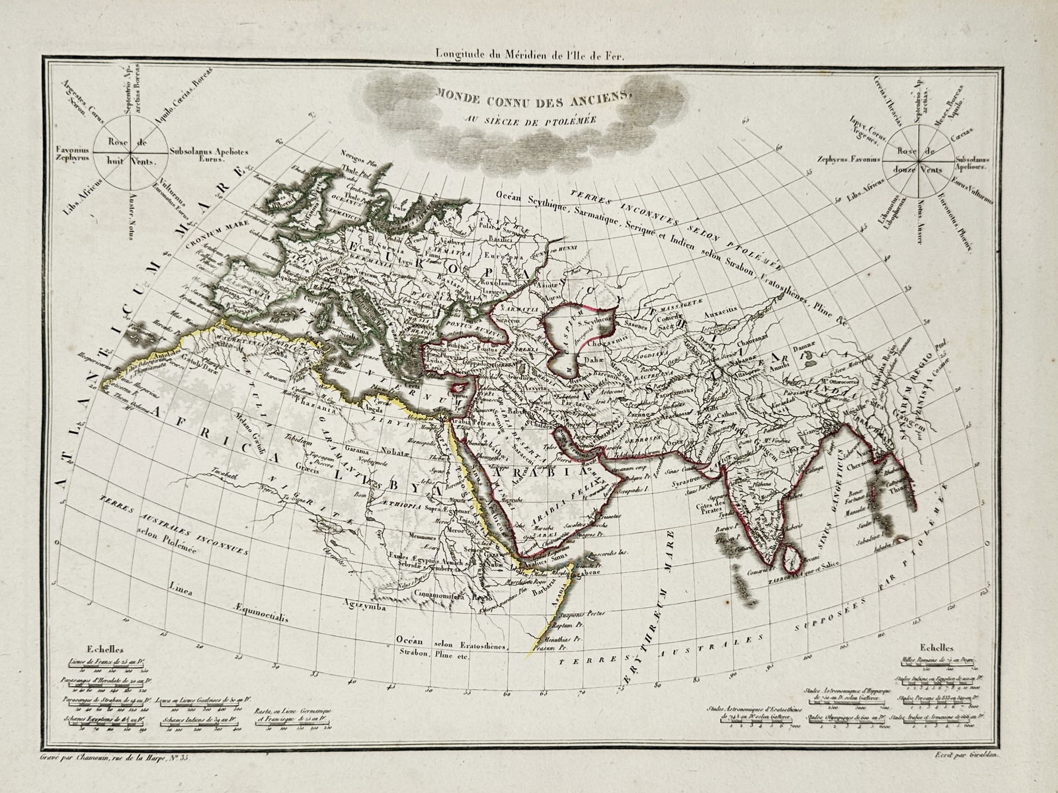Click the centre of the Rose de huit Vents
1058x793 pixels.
130,151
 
